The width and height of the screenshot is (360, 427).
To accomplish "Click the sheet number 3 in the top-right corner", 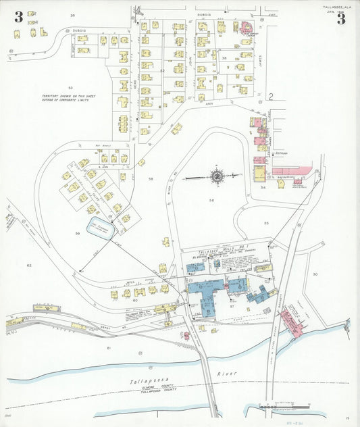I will tap(341, 18).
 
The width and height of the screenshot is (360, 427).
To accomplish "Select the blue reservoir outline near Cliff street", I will tap(102, 226).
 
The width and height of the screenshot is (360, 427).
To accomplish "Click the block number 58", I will tap(151, 179).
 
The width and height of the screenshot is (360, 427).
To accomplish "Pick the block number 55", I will tap(266, 223).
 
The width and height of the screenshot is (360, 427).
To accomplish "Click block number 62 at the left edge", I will tap(29, 266).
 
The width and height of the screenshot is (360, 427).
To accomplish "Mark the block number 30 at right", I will tap(315, 274).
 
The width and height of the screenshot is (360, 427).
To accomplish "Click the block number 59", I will tap(78, 234).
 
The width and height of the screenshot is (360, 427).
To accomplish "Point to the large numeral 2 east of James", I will tap(270, 97).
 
